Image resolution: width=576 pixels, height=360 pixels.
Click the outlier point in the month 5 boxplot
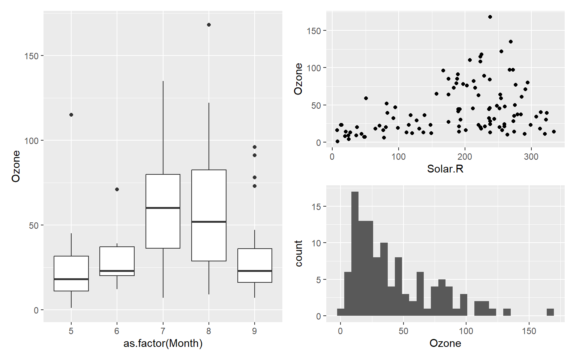71,115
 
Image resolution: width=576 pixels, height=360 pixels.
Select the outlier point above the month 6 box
117,189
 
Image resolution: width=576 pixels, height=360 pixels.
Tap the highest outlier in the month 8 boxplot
209,25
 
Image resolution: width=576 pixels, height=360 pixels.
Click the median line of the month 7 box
163,208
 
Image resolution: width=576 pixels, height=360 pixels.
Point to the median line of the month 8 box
209,222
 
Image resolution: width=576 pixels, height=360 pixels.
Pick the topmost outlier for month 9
255,147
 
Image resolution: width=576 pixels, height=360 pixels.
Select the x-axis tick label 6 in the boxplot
117,331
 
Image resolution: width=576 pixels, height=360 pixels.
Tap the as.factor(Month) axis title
163,343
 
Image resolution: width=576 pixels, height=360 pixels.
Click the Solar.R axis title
445,169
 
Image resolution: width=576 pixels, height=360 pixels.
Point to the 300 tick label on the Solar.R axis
531,157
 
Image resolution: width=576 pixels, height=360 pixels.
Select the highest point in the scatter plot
490,17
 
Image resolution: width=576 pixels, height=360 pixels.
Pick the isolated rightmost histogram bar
550,312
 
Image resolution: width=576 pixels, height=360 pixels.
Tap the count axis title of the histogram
299,253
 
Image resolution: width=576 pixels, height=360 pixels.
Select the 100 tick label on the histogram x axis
466,331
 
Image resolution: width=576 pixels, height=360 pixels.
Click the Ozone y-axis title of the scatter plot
298,79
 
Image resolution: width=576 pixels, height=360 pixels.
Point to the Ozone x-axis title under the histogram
445,343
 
